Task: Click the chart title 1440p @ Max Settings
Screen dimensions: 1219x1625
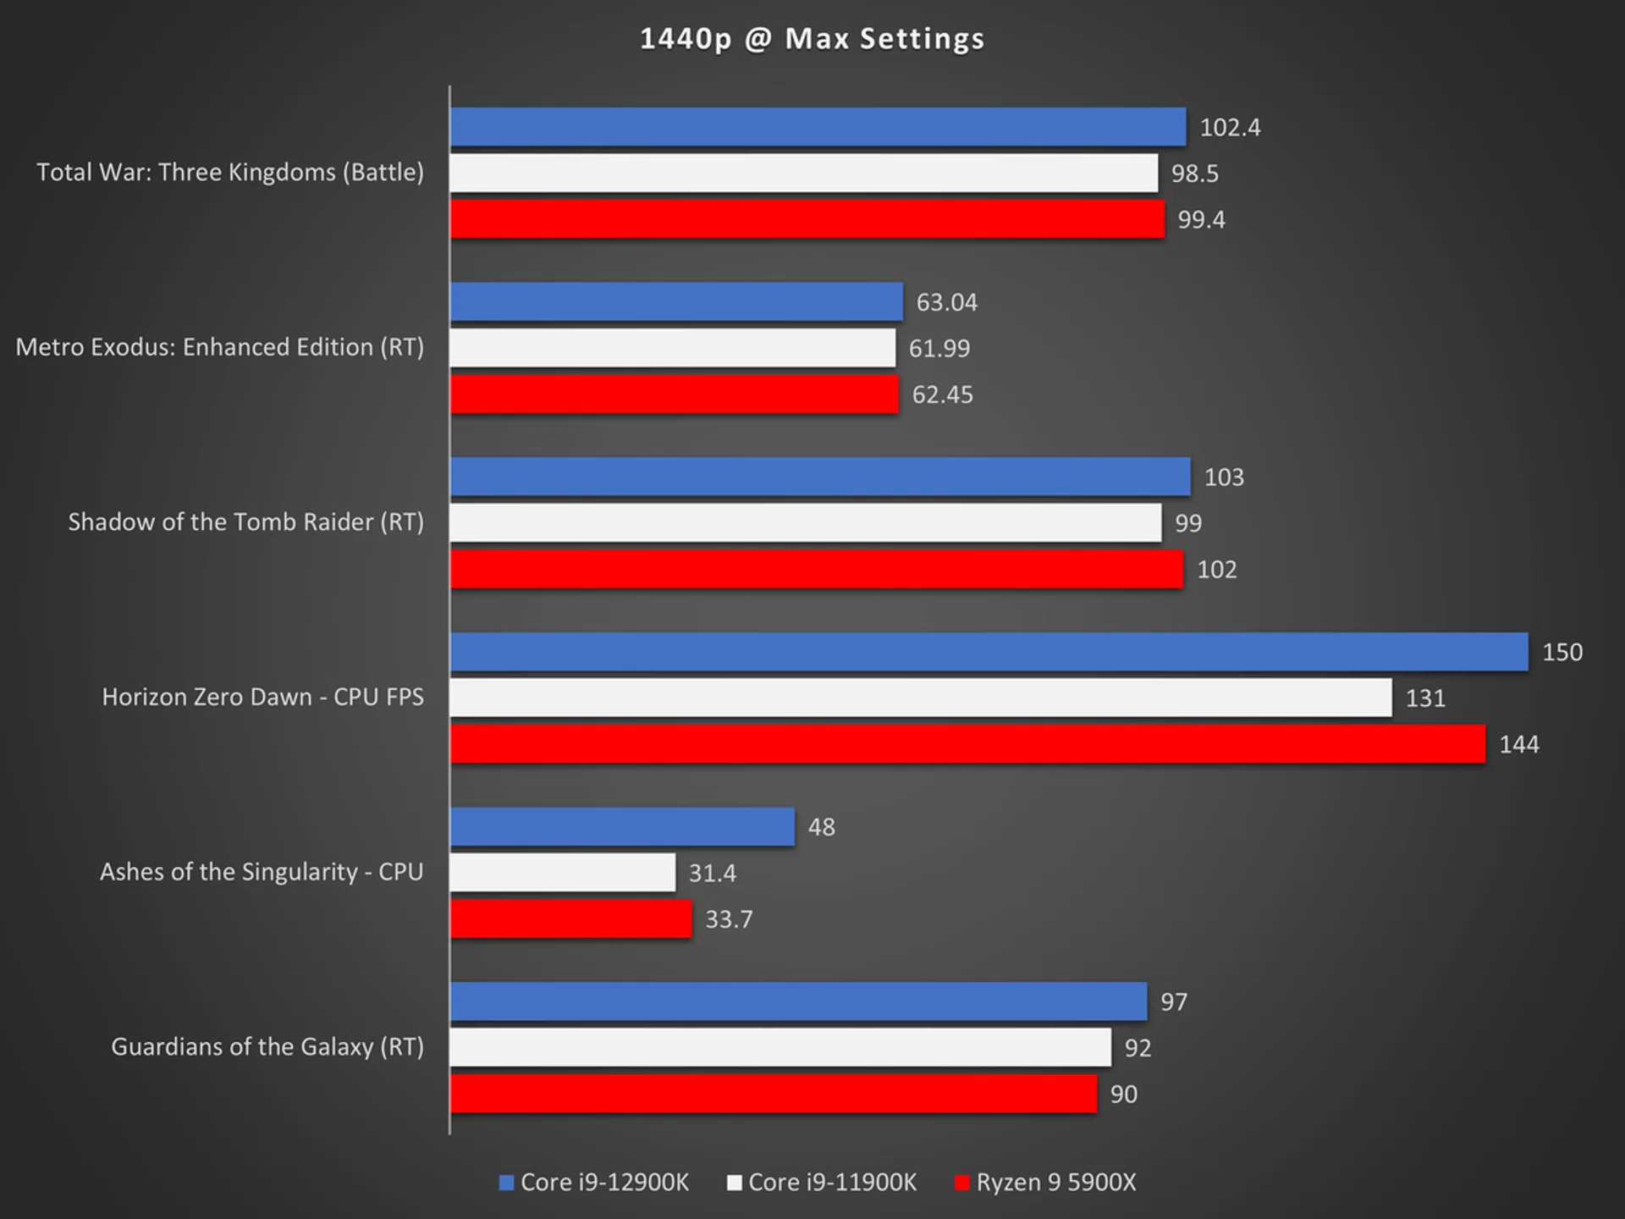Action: point(812,39)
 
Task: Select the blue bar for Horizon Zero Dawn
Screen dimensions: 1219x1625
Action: point(989,652)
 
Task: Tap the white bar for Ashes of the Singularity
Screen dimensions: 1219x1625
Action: point(563,873)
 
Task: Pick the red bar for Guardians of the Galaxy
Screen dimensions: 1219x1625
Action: point(774,1094)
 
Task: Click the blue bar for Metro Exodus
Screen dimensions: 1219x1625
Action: point(676,302)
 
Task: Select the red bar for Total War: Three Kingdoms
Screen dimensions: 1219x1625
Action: point(807,219)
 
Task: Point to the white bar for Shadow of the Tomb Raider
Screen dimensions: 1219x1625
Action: point(806,523)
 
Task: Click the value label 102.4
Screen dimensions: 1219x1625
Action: point(1230,128)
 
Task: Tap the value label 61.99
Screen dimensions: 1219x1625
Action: point(939,349)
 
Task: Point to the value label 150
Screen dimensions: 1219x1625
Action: point(1562,653)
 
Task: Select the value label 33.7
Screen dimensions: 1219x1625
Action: point(729,919)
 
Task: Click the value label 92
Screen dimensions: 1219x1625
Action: point(1137,1048)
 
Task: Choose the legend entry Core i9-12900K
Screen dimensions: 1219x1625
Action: point(604,1183)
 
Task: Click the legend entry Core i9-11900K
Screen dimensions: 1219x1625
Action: point(832,1183)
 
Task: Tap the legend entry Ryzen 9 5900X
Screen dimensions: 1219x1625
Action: point(1055,1183)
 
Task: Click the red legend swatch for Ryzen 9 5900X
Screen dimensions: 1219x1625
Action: point(961,1183)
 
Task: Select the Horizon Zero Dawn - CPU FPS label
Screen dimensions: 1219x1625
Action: point(262,697)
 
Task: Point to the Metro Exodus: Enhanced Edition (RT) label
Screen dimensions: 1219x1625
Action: point(219,347)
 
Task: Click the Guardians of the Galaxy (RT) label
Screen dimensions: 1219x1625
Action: point(267,1047)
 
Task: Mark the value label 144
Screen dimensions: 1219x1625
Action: point(1518,745)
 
